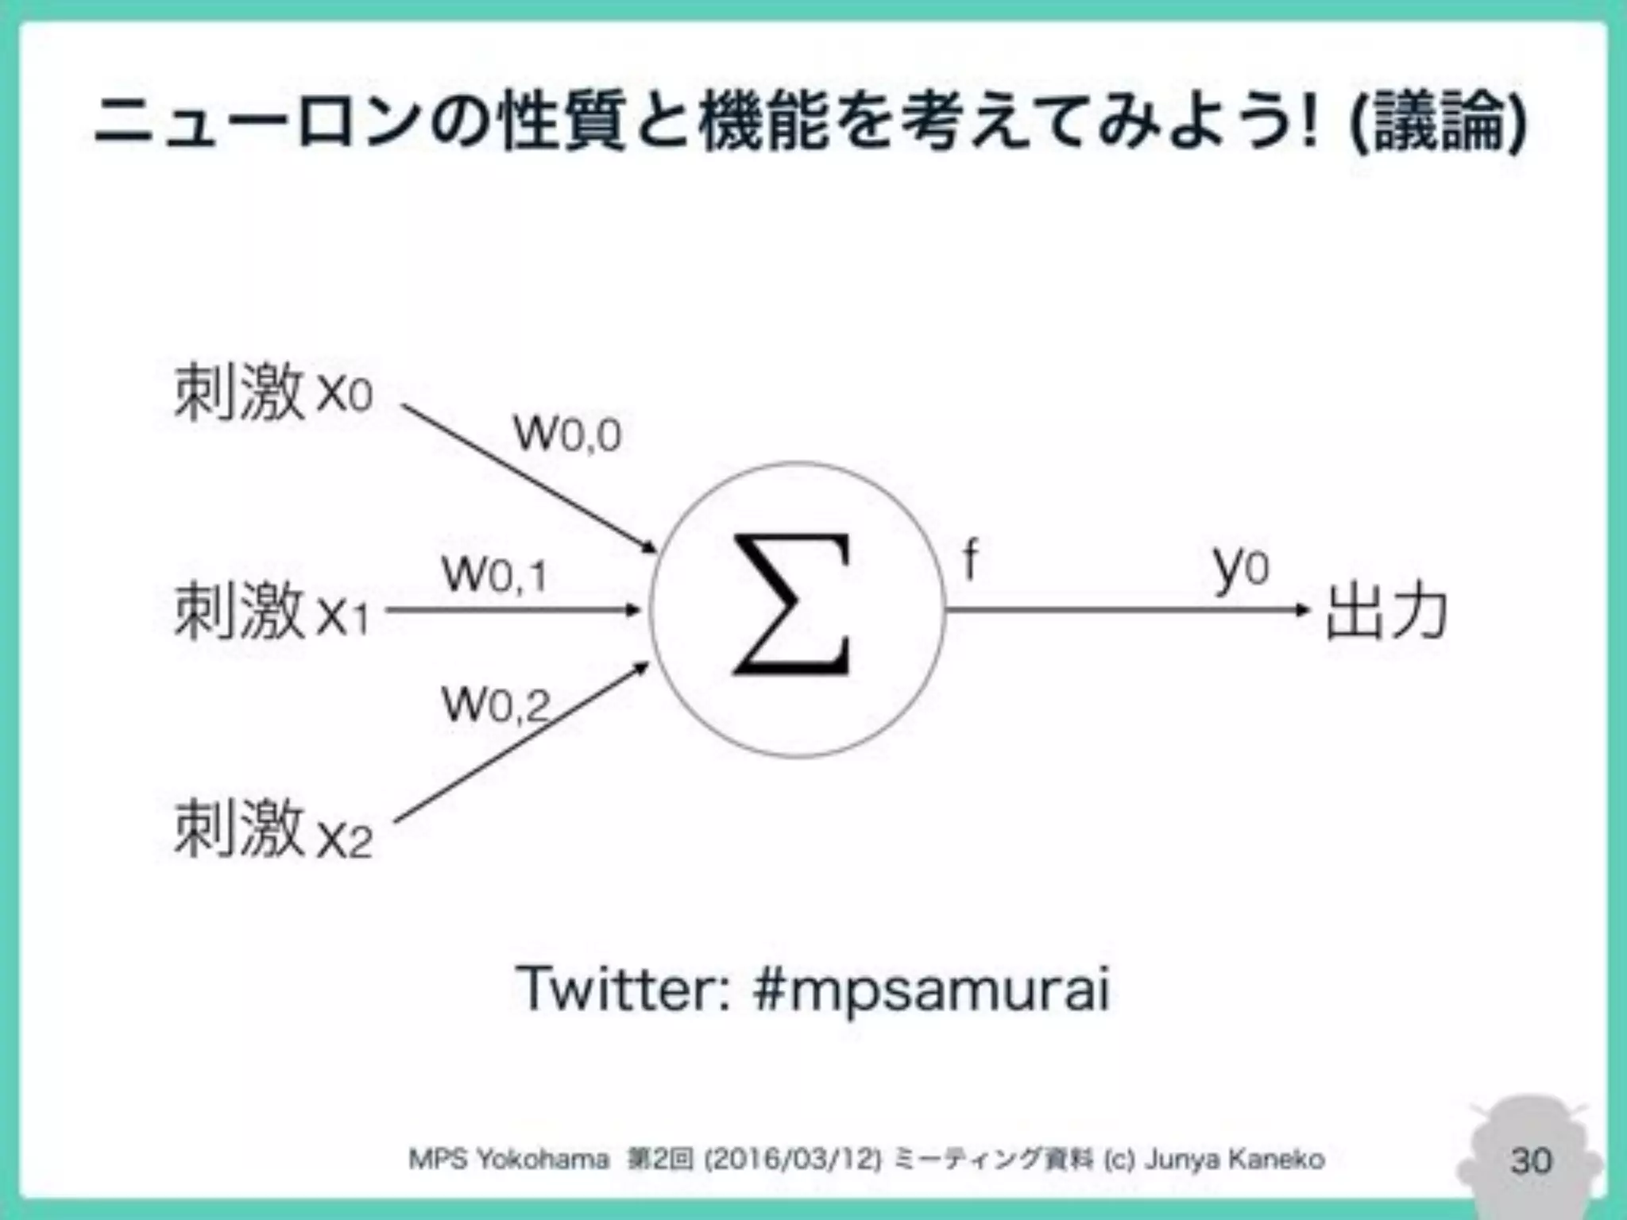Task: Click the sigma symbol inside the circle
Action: [x=791, y=605]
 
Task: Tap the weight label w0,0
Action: [x=567, y=434]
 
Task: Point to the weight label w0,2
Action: [x=496, y=704]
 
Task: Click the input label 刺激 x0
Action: [x=272, y=392]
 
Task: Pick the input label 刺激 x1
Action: [x=272, y=611]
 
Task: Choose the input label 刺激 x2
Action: [x=272, y=830]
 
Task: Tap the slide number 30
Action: [x=1531, y=1160]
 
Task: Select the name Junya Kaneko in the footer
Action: [x=1235, y=1160]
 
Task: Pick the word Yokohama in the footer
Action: [x=543, y=1160]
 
